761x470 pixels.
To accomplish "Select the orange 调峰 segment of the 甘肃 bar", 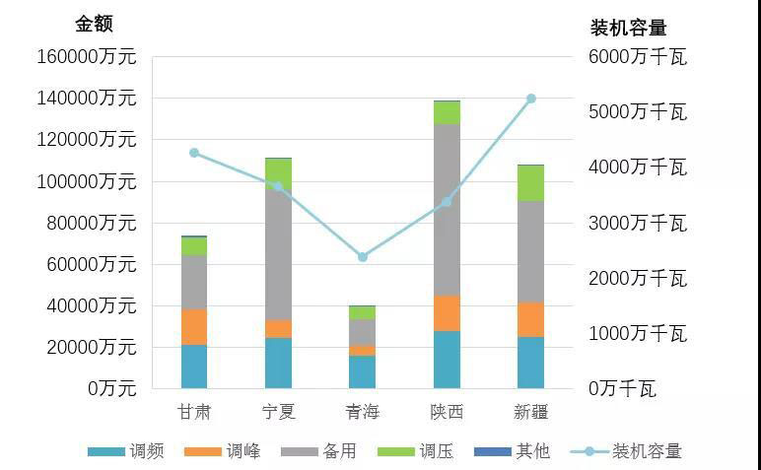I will pos(194,326).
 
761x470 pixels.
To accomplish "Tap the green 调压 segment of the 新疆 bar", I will pos(530,183).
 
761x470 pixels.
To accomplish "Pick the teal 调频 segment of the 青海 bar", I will pos(362,371).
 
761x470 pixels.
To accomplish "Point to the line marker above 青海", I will pos(363,257).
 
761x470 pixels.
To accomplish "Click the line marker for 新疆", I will pos(530,99).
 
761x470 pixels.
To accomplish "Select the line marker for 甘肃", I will pos(194,153).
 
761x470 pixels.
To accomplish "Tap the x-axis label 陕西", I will pos(447,411).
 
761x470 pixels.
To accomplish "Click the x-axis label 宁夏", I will pos(278,411).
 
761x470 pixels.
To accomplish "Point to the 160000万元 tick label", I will pos(87,57).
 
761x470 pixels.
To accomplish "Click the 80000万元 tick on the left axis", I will pos(92,223).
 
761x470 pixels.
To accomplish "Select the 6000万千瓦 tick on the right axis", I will pos(637,57).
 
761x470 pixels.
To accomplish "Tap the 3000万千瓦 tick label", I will pos(637,223).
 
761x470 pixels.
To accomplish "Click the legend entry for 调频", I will pos(125,451).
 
